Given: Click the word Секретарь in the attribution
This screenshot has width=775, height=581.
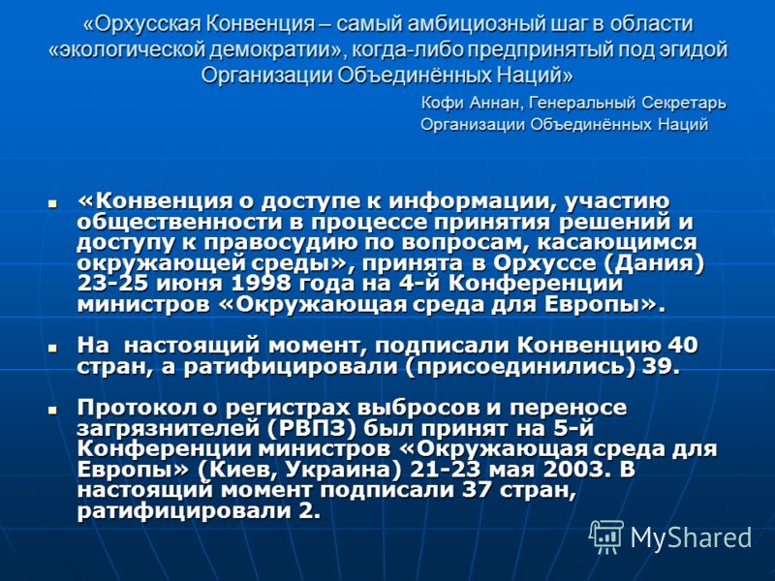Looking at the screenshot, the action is (684, 103).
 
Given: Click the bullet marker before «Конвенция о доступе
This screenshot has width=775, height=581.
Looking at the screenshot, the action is (52, 202).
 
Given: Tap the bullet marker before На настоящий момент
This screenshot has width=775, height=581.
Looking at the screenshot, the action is (52, 347).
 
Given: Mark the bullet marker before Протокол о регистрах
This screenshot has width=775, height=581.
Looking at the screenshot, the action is (52, 409).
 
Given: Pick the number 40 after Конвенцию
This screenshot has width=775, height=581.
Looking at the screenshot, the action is (682, 346).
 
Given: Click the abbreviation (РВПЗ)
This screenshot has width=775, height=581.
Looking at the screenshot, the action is (312, 428).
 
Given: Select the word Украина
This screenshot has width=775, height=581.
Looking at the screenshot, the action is (343, 470).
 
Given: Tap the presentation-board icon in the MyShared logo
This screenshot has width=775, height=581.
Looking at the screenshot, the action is (606, 536).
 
